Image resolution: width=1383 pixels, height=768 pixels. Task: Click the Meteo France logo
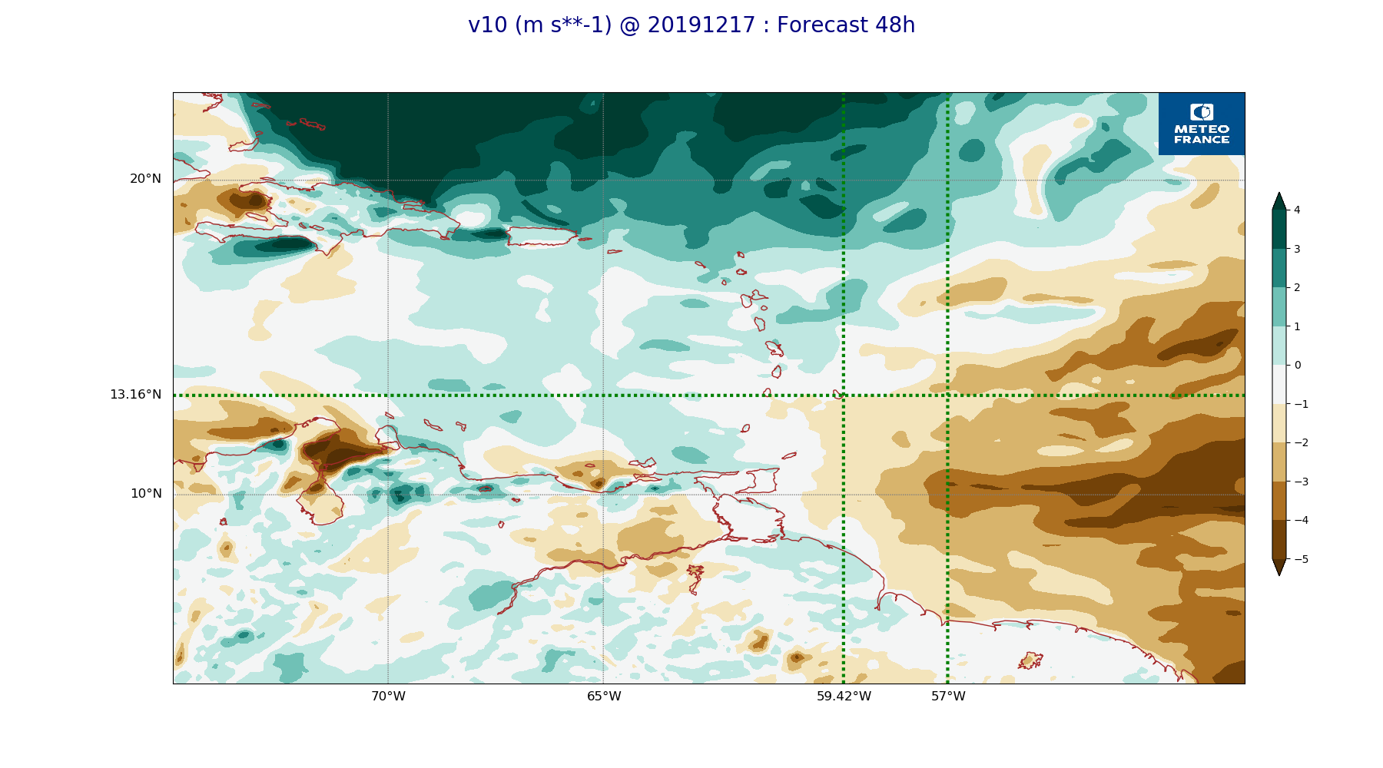(1202, 124)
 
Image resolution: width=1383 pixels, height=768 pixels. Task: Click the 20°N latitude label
(145, 179)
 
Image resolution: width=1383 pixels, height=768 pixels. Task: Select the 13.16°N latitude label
(135, 395)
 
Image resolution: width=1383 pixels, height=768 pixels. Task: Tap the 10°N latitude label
(146, 494)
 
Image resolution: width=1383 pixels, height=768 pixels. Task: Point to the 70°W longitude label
(388, 697)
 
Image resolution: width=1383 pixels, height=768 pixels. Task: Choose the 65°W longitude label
(604, 697)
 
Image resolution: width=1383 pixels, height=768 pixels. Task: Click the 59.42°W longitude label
(844, 697)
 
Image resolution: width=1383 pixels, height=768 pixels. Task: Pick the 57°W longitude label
(948, 697)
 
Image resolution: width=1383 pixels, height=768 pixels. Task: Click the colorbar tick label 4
(1297, 210)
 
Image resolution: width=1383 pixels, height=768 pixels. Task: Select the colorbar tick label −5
(1301, 559)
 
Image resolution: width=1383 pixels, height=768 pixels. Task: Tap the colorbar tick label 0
(1297, 365)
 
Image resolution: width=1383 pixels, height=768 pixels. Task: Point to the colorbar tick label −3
(1301, 482)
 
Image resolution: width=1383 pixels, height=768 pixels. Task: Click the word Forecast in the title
(818, 25)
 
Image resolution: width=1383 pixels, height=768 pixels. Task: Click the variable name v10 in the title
(488, 25)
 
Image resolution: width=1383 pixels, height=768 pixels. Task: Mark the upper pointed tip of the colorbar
(1279, 194)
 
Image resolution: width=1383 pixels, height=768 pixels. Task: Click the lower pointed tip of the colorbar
(1279, 574)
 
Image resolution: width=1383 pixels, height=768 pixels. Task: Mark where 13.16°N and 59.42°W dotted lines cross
(844, 396)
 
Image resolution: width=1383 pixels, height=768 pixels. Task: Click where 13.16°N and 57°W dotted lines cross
(947, 396)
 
